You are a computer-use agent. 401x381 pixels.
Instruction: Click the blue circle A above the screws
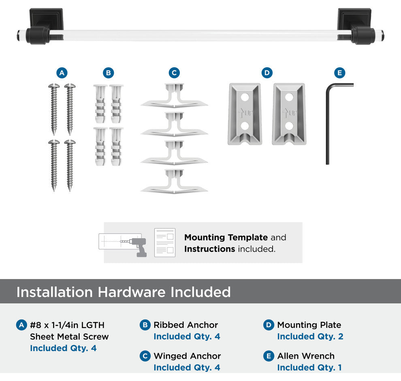point(62,73)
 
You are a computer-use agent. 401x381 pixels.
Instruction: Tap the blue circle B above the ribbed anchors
point(109,73)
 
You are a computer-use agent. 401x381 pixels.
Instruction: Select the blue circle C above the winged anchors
point(175,73)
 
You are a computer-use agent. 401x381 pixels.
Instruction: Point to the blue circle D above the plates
point(267,73)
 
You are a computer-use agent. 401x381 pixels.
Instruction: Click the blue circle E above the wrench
point(339,73)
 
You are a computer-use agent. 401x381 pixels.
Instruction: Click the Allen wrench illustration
point(328,123)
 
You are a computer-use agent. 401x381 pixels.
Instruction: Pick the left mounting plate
point(245,114)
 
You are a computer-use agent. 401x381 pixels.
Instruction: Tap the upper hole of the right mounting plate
point(289,97)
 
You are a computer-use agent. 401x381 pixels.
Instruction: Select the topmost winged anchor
point(174,95)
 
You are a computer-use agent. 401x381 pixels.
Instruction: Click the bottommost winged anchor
point(174,181)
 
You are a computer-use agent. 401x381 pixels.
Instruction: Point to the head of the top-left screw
point(54,86)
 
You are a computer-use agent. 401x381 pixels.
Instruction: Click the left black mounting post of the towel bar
point(46,26)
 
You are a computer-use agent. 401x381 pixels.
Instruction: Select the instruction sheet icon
point(165,243)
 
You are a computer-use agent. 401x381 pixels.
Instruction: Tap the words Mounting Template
point(226,237)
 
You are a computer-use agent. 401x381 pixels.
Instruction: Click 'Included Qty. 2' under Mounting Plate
point(310,337)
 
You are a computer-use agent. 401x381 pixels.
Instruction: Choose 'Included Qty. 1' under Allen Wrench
point(309,368)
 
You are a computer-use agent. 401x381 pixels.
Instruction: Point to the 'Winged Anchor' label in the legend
point(187,356)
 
